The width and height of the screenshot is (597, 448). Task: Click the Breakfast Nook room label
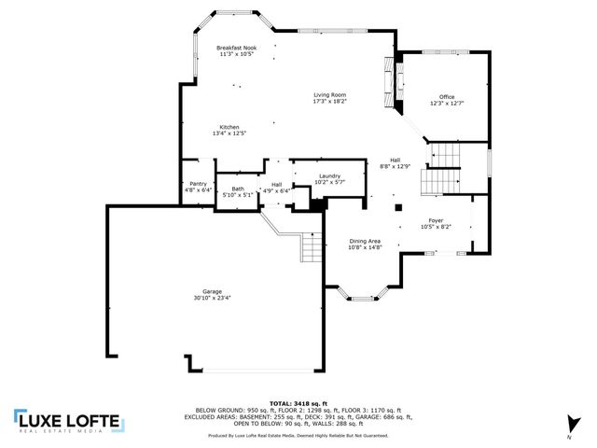pos(236,48)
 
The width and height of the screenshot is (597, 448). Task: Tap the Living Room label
pos(329,95)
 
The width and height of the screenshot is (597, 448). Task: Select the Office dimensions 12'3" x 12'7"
pos(447,104)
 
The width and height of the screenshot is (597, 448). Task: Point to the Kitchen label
pos(229,127)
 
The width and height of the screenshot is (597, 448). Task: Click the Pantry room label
pos(198,184)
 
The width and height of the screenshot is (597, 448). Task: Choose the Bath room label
pos(238,189)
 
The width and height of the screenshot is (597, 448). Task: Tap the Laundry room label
pos(329,175)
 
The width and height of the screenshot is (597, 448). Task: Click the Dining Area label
pos(365,241)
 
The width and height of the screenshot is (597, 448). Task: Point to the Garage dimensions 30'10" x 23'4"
pos(213,298)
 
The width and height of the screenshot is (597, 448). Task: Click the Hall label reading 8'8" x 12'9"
pos(395,160)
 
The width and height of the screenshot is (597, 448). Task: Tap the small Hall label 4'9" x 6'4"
pos(276,185)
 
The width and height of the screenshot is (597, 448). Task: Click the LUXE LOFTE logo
pos(67,422)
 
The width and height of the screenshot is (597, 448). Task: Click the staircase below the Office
pos(441,168)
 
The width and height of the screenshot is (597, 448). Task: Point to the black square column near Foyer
pos(398,208)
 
